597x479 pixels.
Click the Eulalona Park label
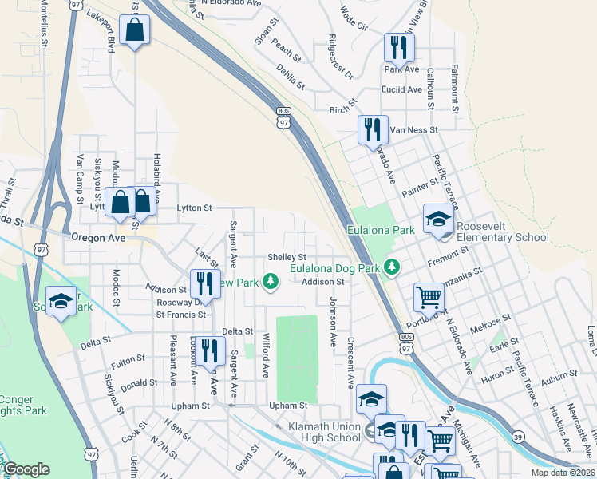click(x=381, y=230)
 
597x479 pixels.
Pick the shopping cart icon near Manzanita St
click(x=429, y=298)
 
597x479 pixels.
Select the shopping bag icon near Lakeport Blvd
click(x=134, y=31)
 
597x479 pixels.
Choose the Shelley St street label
click(x=287, y=257)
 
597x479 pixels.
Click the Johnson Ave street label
click(x=332, y=323)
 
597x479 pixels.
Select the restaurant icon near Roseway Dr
click(x=205, y=283)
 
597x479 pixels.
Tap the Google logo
click(x=26, y=469)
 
